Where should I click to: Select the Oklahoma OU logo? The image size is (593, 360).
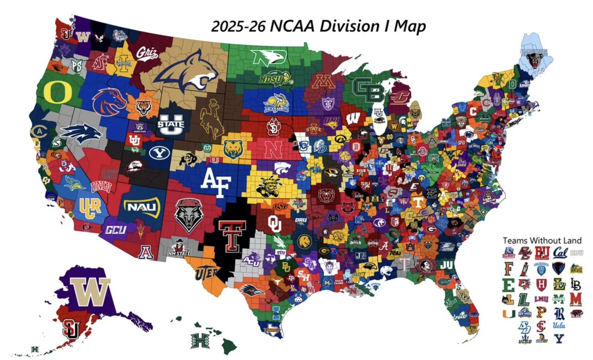coord(274,224)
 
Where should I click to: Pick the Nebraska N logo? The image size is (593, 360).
coord(272,149)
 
